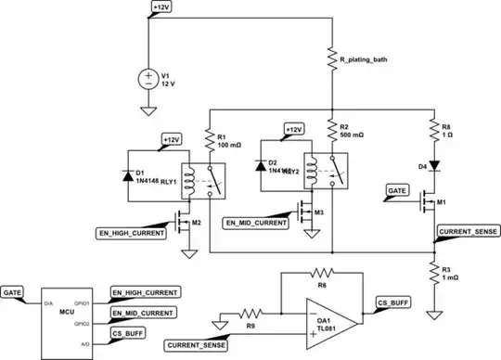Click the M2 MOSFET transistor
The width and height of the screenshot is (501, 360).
point(182,223)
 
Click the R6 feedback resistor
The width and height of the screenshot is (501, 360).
point(321,274)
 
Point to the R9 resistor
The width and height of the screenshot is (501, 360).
point(248,313)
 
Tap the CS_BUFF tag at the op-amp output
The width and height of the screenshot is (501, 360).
point(394,302)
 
